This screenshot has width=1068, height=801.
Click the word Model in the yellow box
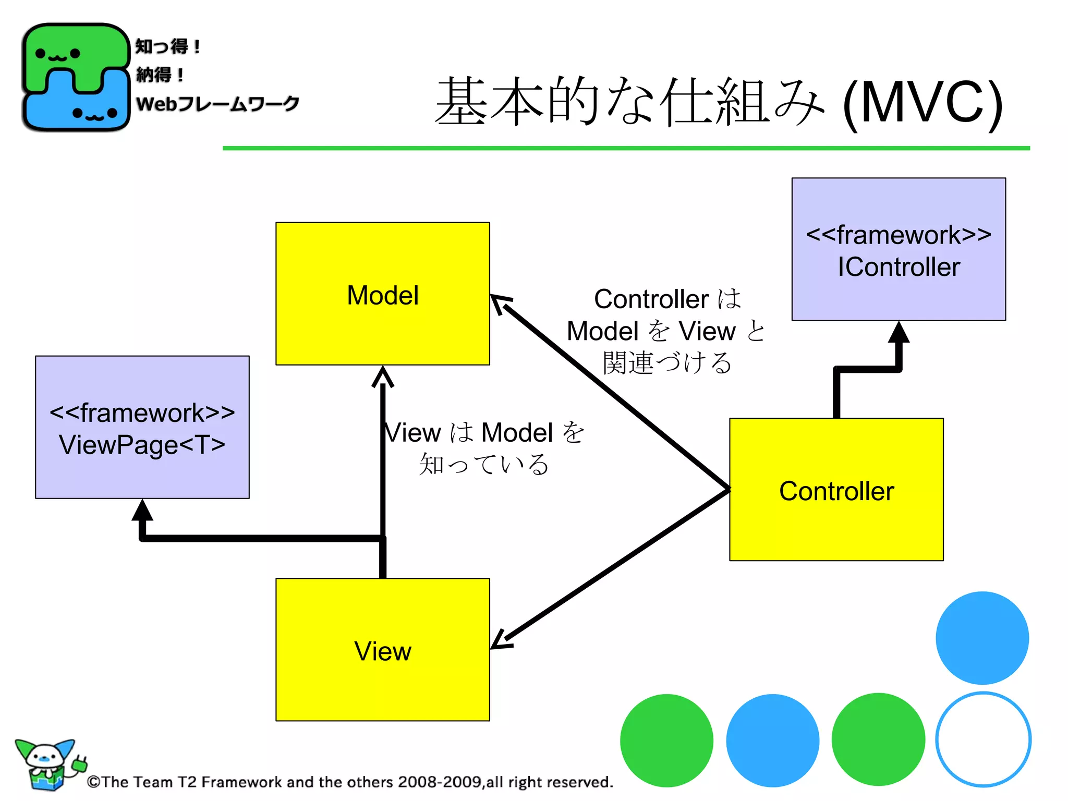(382, 295)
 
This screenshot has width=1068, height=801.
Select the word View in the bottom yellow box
(382, 651)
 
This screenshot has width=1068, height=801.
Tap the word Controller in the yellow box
(836, 491)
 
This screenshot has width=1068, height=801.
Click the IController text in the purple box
(898, 267)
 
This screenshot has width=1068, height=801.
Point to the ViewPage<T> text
(142, 445)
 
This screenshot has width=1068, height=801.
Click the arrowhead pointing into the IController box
(899, 332)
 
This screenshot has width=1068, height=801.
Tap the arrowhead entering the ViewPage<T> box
(142, 510)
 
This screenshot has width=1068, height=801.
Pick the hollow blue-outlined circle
(982, 739)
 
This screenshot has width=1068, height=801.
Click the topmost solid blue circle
(981, 637)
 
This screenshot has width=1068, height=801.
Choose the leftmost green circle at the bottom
(666, 740)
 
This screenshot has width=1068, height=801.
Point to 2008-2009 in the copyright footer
(439, 782)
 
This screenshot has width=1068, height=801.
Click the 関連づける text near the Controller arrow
(667, 362)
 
